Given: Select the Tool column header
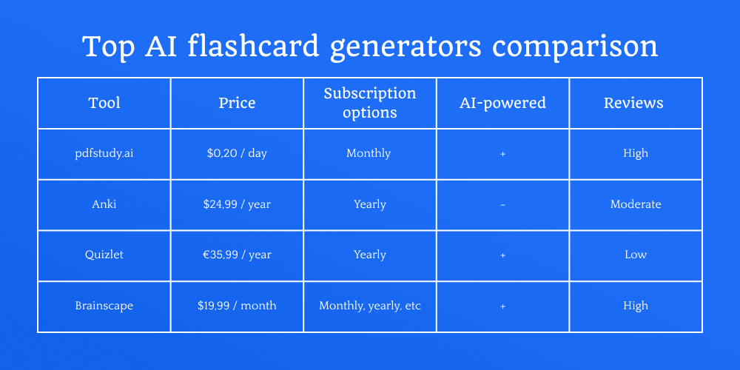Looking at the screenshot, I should point(104,103).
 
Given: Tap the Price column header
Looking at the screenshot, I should point(237,103).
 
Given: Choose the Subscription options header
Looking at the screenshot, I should point(370,103).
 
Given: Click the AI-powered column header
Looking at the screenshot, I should point(502,103).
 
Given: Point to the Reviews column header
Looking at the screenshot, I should point(636,103).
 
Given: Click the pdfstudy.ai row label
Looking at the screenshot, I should point(104,153).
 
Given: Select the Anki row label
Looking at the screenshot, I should point(104,204).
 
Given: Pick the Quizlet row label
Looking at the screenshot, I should point(104,255).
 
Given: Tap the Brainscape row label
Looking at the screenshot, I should point(104,306).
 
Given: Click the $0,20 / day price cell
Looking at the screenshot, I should point(237,153).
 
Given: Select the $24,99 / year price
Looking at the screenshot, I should point(237,204).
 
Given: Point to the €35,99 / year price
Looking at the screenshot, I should point(237,255).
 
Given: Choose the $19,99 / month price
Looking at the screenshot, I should point(237,306).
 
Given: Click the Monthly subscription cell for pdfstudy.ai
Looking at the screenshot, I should point(370,153).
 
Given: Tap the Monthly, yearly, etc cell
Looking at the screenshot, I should point(370,306).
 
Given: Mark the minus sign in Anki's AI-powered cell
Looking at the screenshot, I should point(503,204).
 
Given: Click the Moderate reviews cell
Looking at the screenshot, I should point(636,204).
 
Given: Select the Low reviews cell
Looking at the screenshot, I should point(636,255).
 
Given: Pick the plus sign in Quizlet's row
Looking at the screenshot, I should point(503,255).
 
